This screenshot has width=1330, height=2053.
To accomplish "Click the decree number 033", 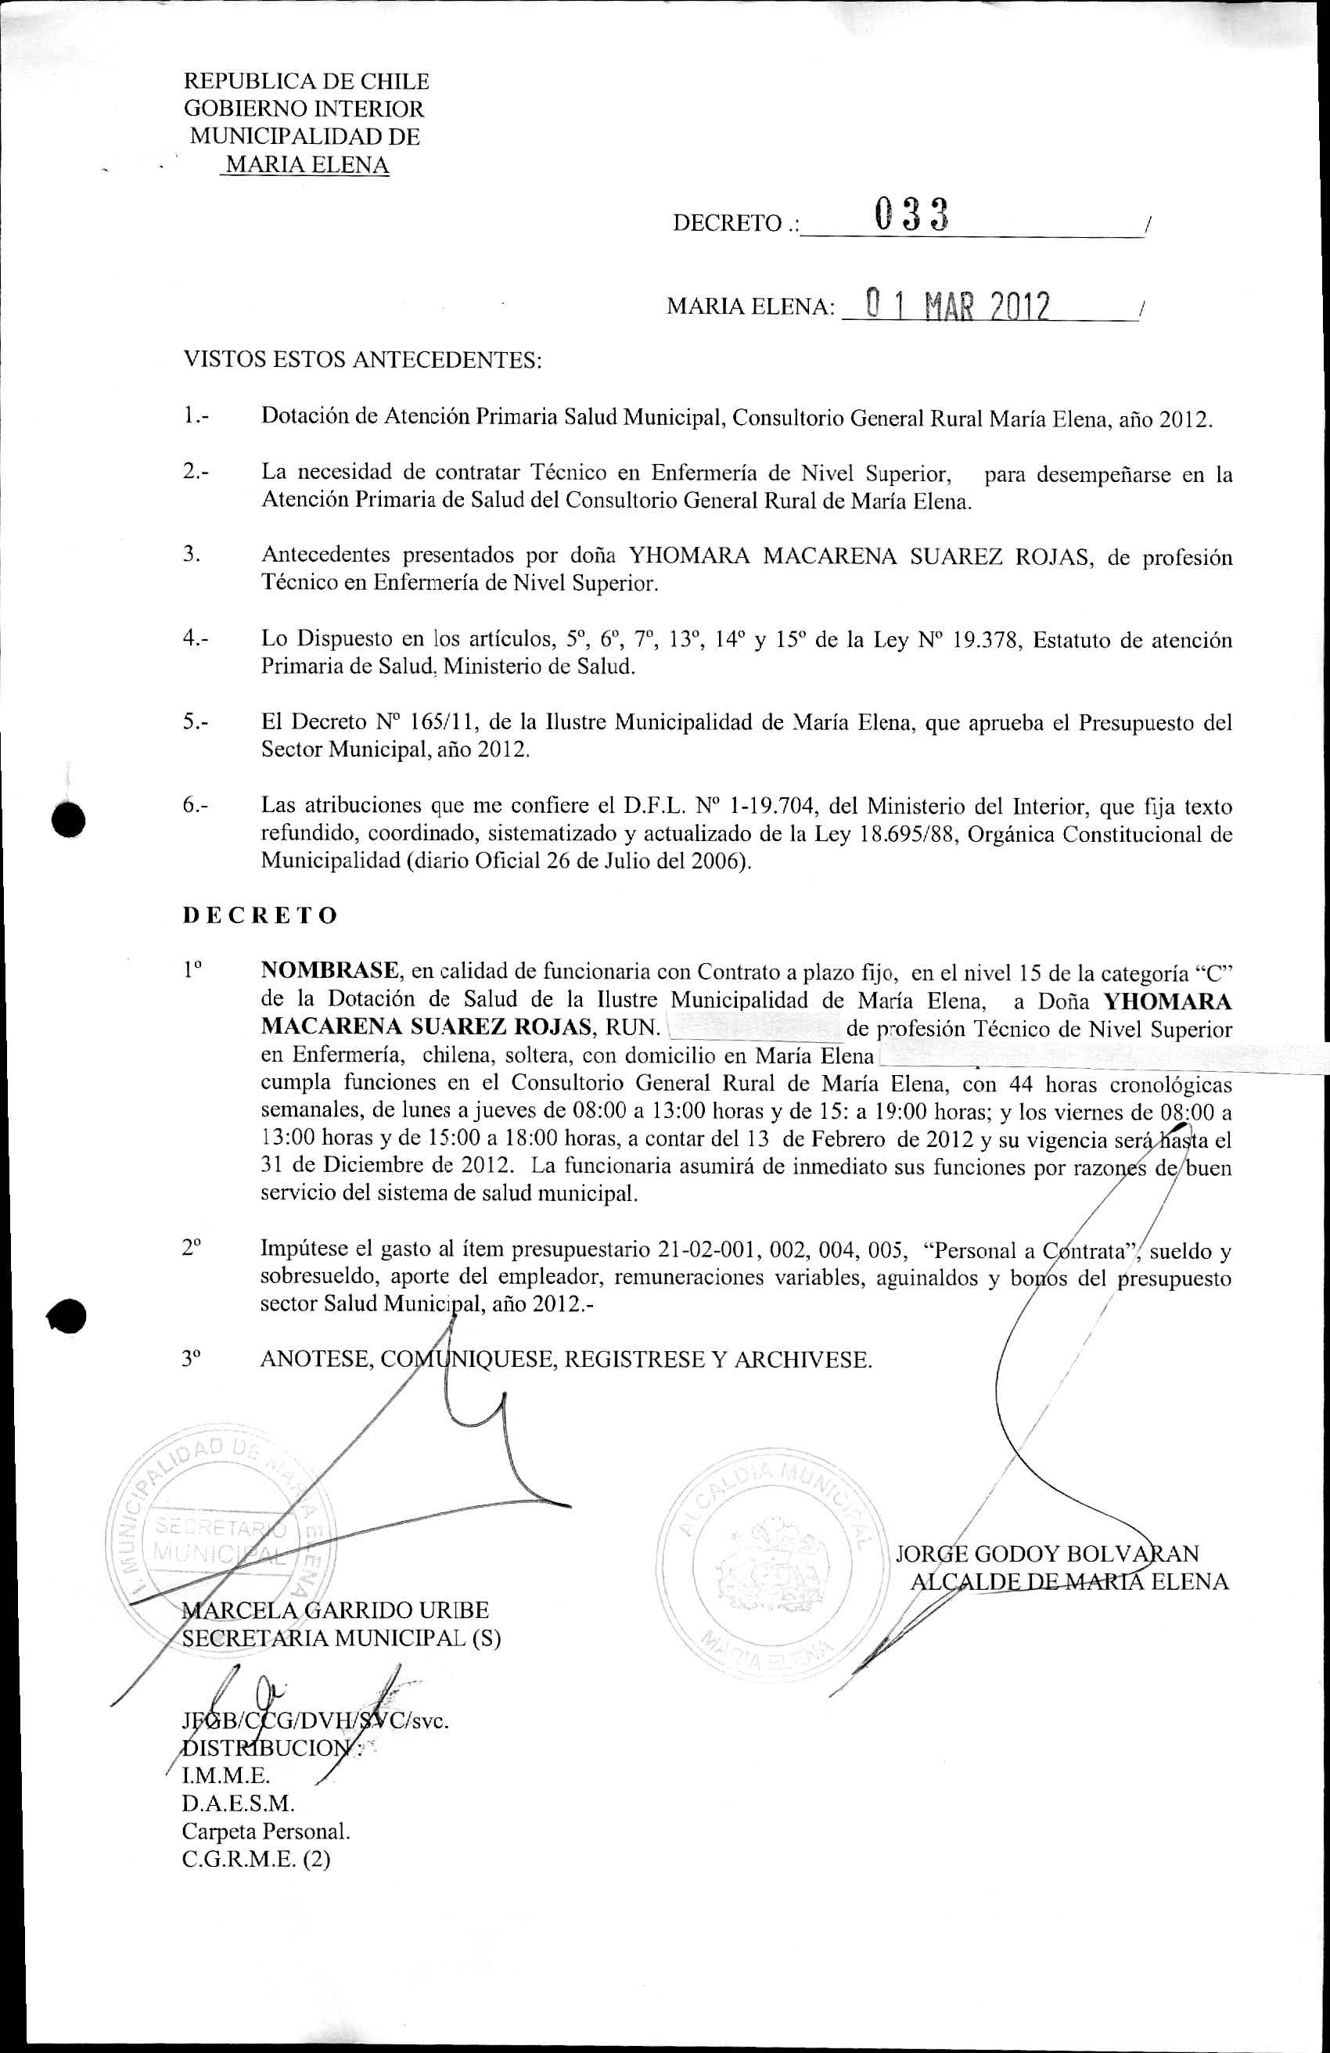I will click(x=911, y=215).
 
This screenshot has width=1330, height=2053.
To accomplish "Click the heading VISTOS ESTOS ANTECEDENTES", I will click(x=362, y=360).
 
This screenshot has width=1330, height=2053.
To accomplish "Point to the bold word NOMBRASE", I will click(x=329, y=970).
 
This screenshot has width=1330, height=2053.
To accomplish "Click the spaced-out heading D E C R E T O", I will click(x=260, y=915).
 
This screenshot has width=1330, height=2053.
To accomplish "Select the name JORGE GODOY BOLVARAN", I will click(x=1047, y=1554).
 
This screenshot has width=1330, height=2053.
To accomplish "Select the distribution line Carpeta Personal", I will click(x=266, y=1832).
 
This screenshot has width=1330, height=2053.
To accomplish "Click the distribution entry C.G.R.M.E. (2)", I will click(x=256, y=1859).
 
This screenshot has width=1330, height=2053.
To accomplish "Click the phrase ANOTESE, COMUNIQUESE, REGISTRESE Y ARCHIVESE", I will click(x=566, y=1360).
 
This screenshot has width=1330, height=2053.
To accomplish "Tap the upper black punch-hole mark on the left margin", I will click(x=67, y=817).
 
